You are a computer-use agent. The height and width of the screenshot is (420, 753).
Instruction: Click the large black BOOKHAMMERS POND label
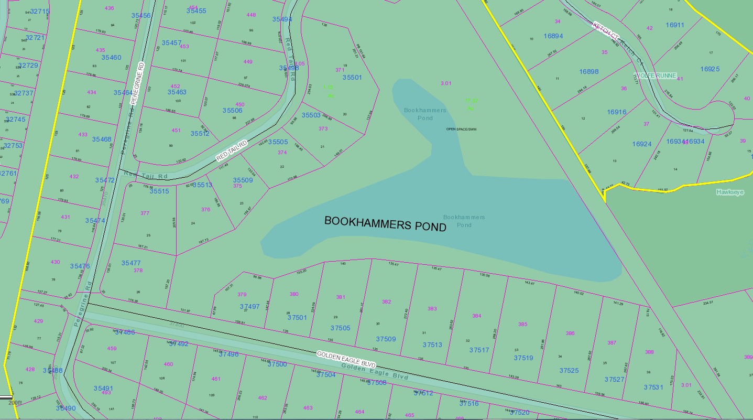[385, 223]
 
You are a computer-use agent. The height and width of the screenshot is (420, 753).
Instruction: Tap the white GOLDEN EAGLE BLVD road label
[346, 360]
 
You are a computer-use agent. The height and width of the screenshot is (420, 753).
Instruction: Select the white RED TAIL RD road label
[232, 151]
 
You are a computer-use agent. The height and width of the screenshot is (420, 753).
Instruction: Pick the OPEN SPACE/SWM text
[461, 128]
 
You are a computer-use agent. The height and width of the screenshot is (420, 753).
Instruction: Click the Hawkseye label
[730, 192]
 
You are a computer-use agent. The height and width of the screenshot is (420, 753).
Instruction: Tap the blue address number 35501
[352, 78]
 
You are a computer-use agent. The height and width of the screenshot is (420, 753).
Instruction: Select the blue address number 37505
[340, 328]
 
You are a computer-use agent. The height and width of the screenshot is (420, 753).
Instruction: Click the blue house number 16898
[588, 72]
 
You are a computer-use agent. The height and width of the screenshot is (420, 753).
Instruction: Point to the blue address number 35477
[131, 263]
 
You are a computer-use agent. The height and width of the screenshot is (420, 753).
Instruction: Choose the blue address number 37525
[569, 371]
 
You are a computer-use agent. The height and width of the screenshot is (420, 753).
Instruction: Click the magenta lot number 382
[386, 302]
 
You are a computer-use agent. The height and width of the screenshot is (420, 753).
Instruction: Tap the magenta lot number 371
[340, 70]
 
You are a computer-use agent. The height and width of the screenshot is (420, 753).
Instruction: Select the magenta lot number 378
[138, 271]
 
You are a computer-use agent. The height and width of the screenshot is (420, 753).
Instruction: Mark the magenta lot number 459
[112, 348]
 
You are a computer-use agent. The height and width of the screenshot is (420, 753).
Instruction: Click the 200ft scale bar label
[15, 403]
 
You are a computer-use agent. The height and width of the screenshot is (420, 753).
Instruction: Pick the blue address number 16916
[617, 112]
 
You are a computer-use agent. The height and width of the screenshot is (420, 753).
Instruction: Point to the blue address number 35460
[111, 58]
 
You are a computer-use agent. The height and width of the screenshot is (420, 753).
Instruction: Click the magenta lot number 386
[570, 333]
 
